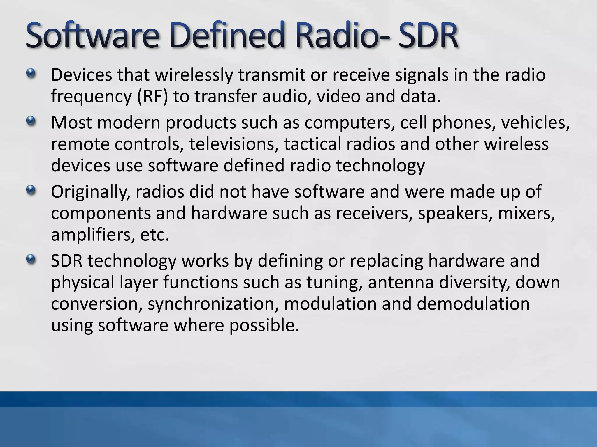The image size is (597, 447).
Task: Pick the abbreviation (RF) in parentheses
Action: (x=152, y=97)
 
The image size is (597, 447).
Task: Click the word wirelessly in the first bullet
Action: (x=194, y=75)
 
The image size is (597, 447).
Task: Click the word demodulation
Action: (x=473, y=304)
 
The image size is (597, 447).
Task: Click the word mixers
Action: (x=526, y=214)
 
